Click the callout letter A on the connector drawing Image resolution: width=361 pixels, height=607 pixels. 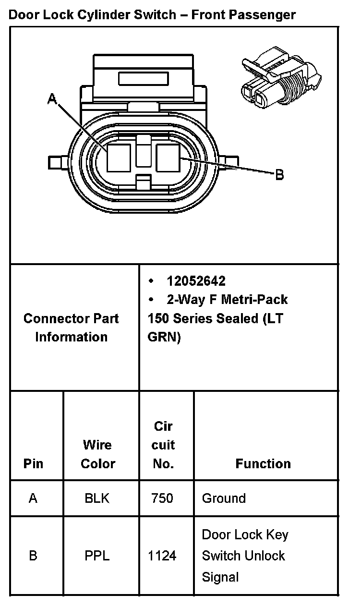[x=52, y=99]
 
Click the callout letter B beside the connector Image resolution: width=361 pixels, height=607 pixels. [x=279, y=175]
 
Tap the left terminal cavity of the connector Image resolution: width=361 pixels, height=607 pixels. [x=119, y=158]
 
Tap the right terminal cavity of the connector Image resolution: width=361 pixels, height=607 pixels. [x=168, y=158]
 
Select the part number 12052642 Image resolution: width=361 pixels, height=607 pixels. [x=196, y=281]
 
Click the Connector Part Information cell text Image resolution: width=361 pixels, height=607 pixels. [x=71, y=328]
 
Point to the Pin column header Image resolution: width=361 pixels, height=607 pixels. [x=33, y=464]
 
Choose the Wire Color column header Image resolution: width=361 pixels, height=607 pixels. [x=98, y=454]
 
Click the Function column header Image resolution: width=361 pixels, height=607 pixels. [x=263, y=464]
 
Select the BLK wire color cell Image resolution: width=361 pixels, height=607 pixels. [x=97, y=498]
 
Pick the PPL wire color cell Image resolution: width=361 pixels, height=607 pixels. [x=97, y=556]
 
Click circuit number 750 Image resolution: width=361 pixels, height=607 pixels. [x=162, y=498]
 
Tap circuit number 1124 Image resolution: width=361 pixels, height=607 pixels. [x=162, y=556]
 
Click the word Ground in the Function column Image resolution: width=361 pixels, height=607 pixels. [x=224, y=498]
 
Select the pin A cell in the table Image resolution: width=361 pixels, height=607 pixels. [x=33, y=498]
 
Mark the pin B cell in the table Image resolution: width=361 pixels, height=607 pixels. [x=33, y=556]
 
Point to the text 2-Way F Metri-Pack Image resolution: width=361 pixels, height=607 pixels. [x=227, y=300]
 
